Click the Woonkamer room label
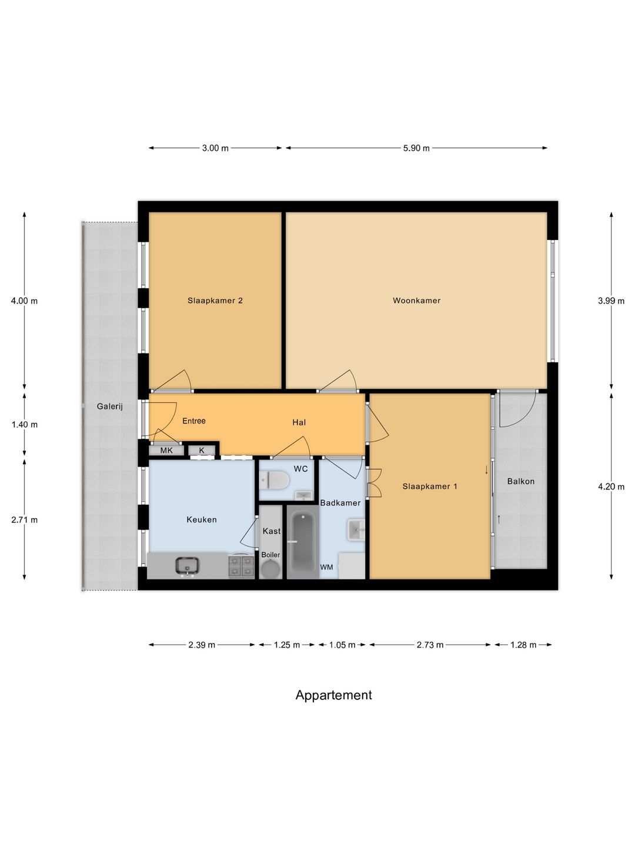point(416,301)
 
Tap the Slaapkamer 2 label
point(215,301)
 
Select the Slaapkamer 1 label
point(429,486)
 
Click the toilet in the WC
point(275,481)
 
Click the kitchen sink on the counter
point(187,566)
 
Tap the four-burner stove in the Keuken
point(241,566)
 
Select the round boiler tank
point(270,569)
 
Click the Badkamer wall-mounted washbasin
point(356,529)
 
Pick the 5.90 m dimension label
point(416,148)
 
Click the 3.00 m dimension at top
point(215,148)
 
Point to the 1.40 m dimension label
point(25,425)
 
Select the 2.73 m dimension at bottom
point(430,645)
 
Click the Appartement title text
point(333,695)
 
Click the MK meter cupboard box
point(166,451)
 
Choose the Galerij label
point(110,406)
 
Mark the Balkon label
point(521,481)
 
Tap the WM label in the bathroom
point(326,568)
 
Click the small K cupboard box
point(202,451)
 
